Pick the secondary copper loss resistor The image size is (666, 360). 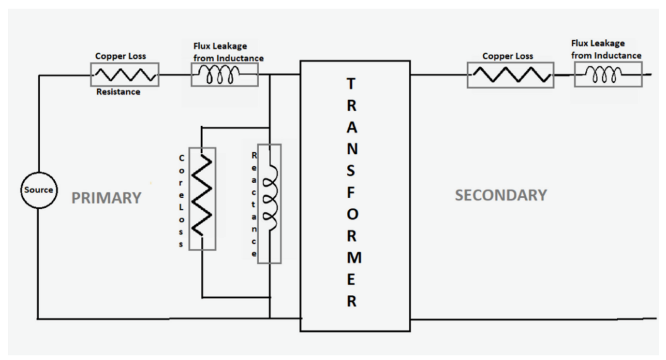pos(510,76)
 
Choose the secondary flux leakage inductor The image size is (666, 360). pos(608,75)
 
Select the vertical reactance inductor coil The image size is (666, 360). pos(269,204)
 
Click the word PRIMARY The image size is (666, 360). pos(106,198)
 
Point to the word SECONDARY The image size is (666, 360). pos(501,195)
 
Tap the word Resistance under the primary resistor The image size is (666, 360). pos(117,92)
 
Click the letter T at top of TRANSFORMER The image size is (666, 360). pos(351,84)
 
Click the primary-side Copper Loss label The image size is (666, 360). pos(120,56)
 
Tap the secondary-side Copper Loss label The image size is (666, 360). pos(508,56)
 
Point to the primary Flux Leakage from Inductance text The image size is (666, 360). pos(228,53)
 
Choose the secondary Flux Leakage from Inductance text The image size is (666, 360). pos(607,49)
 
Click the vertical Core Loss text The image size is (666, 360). pos(181,200)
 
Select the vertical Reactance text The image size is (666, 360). pos(254,204)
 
